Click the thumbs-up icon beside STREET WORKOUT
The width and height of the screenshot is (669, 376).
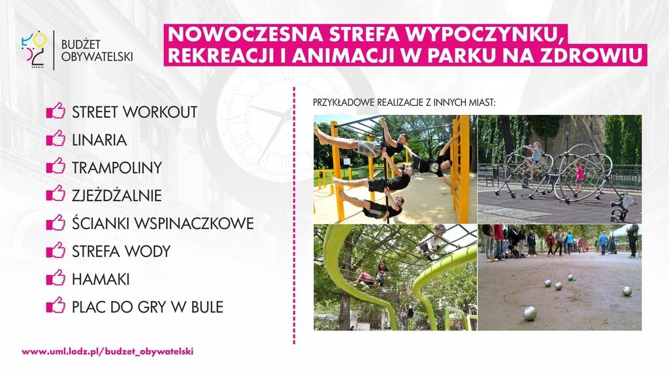click(x=56, y=111)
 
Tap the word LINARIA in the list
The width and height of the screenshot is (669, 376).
click(x=99, y=140)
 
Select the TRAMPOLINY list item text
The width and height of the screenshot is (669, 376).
click(x=117, y=168)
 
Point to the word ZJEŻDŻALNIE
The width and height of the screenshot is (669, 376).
click(x=117, y=195)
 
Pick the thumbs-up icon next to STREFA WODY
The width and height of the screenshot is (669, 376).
click(x=56, y=250)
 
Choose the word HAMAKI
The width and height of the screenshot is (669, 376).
click(x=101, y=279)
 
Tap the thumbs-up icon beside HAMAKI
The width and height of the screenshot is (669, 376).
click(x=56, y=277)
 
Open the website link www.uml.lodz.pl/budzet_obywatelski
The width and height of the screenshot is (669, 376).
click(x=108, y=352)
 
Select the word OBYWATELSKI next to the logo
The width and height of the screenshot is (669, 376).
click(x=97, y=57)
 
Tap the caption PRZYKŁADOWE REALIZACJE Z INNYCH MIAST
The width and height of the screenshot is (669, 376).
click(x=404, y=102)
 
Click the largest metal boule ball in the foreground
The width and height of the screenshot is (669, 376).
click(x=530, y=313)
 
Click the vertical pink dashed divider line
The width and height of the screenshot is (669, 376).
click(x=294, y=215)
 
